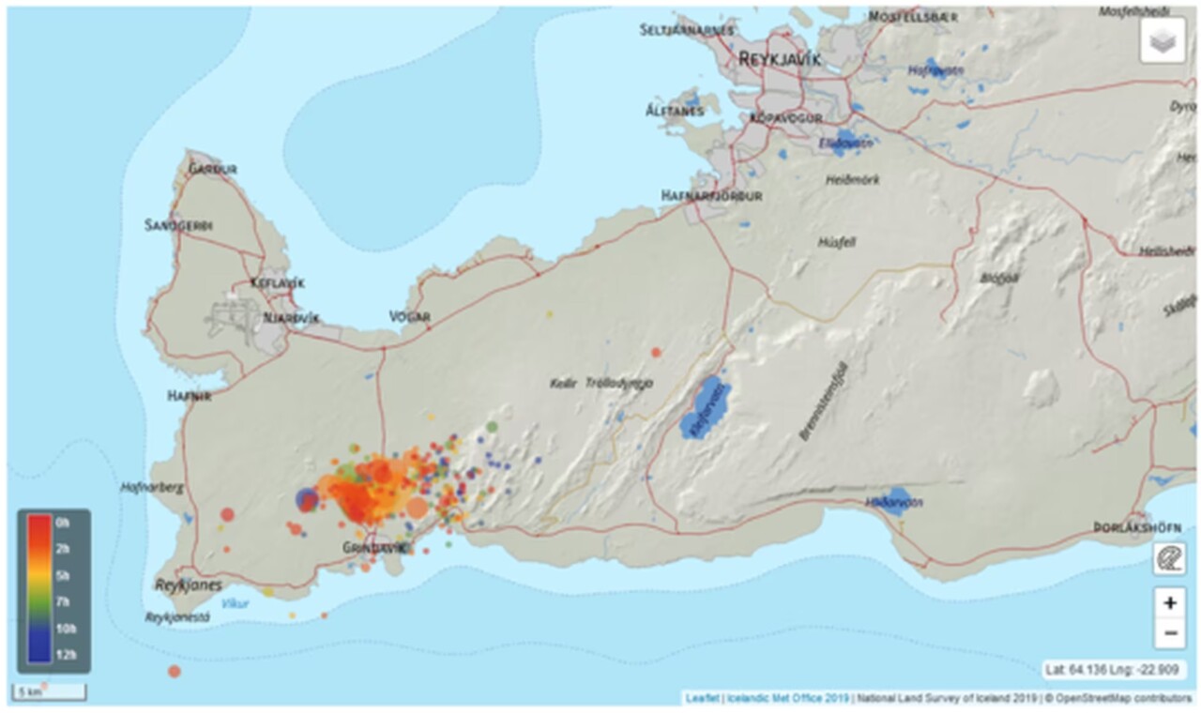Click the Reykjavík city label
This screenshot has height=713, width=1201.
coord(780,58)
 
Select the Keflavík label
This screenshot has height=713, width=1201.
coord(277,283)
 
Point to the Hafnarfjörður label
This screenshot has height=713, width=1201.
coord(711,196)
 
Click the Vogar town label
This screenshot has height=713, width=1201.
coord(410,317)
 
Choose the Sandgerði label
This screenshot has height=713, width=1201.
coord(178,225)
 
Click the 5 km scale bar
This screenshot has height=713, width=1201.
coord(49,692)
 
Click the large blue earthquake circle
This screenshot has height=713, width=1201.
coord(307,500)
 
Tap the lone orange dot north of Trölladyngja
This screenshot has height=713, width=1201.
coord(656,353)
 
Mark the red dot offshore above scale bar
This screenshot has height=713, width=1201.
coord(174,671)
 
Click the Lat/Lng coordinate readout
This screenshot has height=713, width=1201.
coord(1115,670)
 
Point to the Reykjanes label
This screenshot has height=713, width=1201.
coord(189,585)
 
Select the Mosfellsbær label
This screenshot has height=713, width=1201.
coord(913,17)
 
